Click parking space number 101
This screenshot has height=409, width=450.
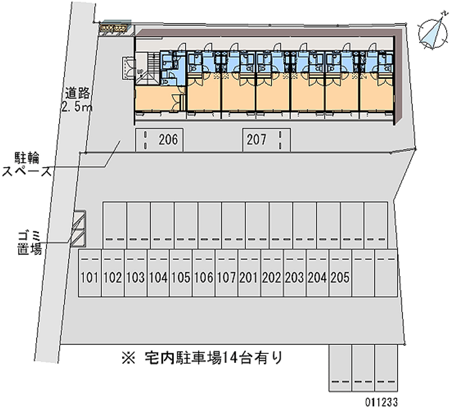(90, 273)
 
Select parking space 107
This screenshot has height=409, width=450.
(227, 273)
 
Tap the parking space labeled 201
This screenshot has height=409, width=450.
(249, 273)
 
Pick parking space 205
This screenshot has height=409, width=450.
(341, 273)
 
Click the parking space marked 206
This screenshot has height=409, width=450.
(159, 140)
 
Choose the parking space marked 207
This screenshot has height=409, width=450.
(267, 140)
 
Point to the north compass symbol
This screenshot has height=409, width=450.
(433, 34)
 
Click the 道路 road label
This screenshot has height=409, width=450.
(78, 93)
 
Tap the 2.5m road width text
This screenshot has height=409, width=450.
(76, 107)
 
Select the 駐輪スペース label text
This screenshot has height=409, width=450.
(26, 165)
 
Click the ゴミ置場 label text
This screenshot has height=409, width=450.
(30, 242)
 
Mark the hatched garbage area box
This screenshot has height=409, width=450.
(79, 229)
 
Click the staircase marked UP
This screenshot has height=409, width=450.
(147, 68)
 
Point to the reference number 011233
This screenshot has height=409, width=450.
(381, 402)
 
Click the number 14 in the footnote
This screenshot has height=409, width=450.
(229, 358)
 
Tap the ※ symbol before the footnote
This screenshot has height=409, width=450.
(128, 358)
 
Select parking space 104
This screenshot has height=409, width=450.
(159, 273)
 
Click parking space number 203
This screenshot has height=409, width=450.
(295, 273)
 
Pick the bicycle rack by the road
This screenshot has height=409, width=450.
(113, 29)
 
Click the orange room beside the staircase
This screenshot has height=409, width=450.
(157, 98)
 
